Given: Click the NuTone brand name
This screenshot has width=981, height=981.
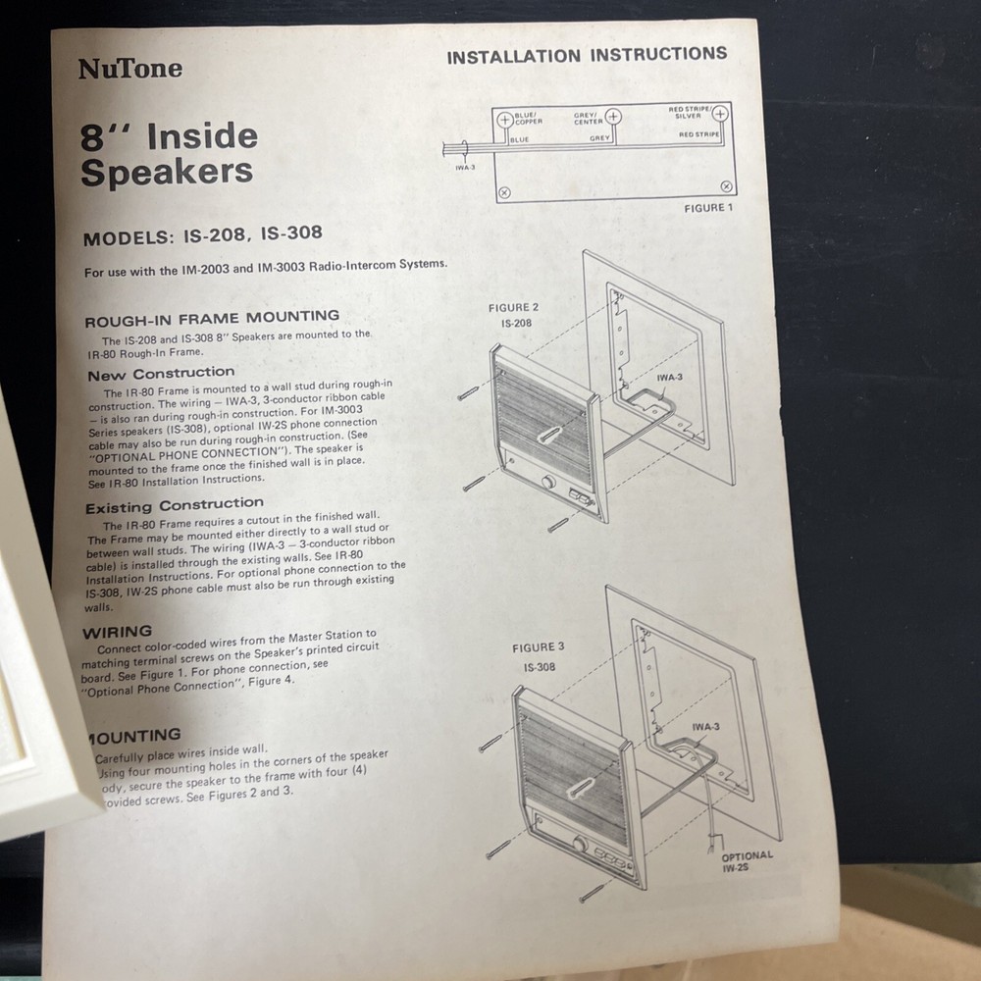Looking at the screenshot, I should click(x=129, y=69).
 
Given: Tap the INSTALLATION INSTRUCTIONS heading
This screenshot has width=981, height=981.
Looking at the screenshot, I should click(x=587, y=56).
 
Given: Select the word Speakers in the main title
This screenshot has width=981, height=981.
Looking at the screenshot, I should click(x=167, y=172).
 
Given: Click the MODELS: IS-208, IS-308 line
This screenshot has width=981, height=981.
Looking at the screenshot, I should click(x=202, y=235).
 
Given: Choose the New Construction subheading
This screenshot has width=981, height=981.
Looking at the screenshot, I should click(x=161, y=374).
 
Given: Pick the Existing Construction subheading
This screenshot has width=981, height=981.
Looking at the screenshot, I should click(x=174, y=506).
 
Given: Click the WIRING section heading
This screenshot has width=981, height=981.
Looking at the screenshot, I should click(x=117, y=632).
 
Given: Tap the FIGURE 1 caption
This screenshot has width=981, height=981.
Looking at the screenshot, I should click(x=708, y=208).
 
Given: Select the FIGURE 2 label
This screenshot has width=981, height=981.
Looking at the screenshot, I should click(x=513, y=308).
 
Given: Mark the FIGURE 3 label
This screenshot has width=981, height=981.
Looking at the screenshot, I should click(x=539, y=647).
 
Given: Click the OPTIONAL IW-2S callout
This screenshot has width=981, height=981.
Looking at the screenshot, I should click(x=747, y=861).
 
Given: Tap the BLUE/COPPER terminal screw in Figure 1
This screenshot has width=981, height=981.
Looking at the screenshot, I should click(x=506, y=121).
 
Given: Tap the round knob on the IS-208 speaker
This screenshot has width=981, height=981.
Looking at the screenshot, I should click(x=547, y=483).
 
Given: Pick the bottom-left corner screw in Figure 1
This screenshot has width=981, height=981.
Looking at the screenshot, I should click(x=504, y=193).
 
